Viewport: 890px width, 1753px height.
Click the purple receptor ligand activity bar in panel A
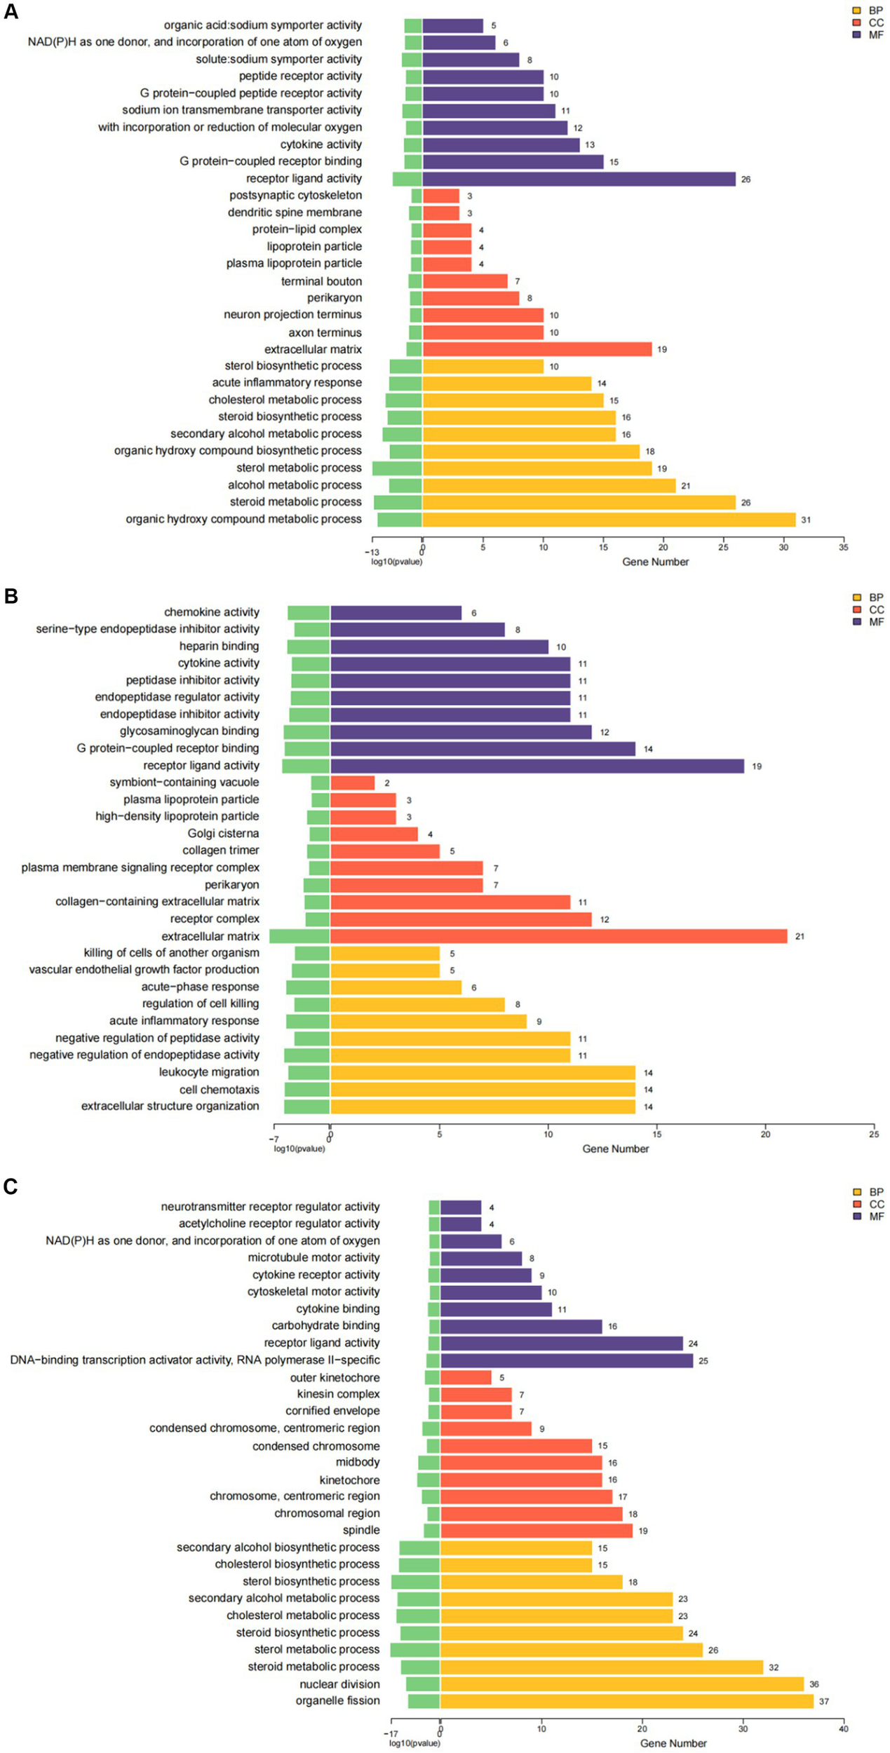(x=579, y=179)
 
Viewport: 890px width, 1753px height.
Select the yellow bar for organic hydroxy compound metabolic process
(x=609, y=520)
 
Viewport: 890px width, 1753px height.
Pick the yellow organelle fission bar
(x=626, y=1701)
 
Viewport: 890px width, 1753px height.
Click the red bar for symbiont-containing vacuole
(x=352, y=783)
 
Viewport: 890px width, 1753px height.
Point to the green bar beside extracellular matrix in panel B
(x=299, y=936)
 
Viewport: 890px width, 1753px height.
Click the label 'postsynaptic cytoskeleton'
(x=295, y=195)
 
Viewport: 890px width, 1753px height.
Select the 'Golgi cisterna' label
(x=223, y=833)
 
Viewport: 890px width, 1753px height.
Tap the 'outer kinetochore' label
(x=335, y=1377)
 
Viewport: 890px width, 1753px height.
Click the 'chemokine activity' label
(x=211, y=612)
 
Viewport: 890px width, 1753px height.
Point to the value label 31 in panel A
(x=806, y=520)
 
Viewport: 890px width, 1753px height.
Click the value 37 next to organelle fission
(x=824, y=1701)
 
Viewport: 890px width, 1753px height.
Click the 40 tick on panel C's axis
(x=843, y=1728)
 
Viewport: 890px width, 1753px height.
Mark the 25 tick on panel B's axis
(x=874, y=1134)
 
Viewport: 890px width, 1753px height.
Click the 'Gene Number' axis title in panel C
(x=673, y=1743)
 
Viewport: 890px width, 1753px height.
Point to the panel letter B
(x=11, y=596)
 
